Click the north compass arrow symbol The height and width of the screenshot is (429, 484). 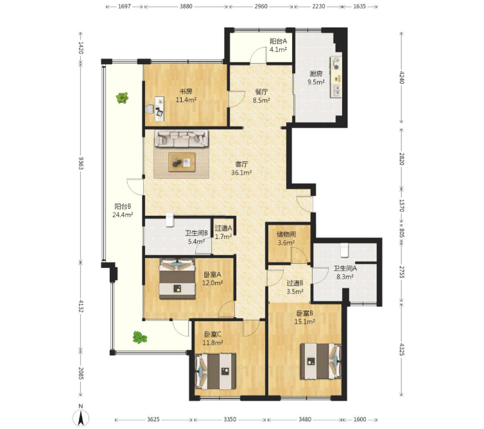(x=81, y=418)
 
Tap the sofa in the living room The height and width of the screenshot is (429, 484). (x=182, y=138)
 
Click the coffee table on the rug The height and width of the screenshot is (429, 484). (x=182, y=162)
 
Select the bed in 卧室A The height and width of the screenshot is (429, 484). (x=177, y=279)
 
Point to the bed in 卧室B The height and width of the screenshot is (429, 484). (x=321, y=361)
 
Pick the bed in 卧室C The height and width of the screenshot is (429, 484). (x=216, y=371)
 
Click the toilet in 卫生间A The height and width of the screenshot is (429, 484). (x=345, y=250)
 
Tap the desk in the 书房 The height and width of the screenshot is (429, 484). (x=160, y=109)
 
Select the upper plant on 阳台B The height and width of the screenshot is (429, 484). (x=122, y=98)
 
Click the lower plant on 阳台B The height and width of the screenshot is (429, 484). (x=139, y=337)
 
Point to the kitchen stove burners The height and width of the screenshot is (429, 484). (x=336, y=64)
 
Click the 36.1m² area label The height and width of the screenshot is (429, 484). (x=241, y=173)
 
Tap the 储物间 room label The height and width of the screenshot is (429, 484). (x=286, y=234)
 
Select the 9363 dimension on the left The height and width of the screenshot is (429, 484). (x=81, y=162)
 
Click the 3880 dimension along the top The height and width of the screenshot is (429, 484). (x=186, y=6)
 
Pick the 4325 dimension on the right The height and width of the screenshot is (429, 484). (x=402, y=349)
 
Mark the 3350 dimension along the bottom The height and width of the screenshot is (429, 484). (x=230, y=419)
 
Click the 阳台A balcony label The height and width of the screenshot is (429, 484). (x=279, y=41)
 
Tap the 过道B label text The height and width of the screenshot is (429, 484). (x=295, y=283)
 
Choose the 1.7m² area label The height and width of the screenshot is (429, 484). (x=223, y=236)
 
